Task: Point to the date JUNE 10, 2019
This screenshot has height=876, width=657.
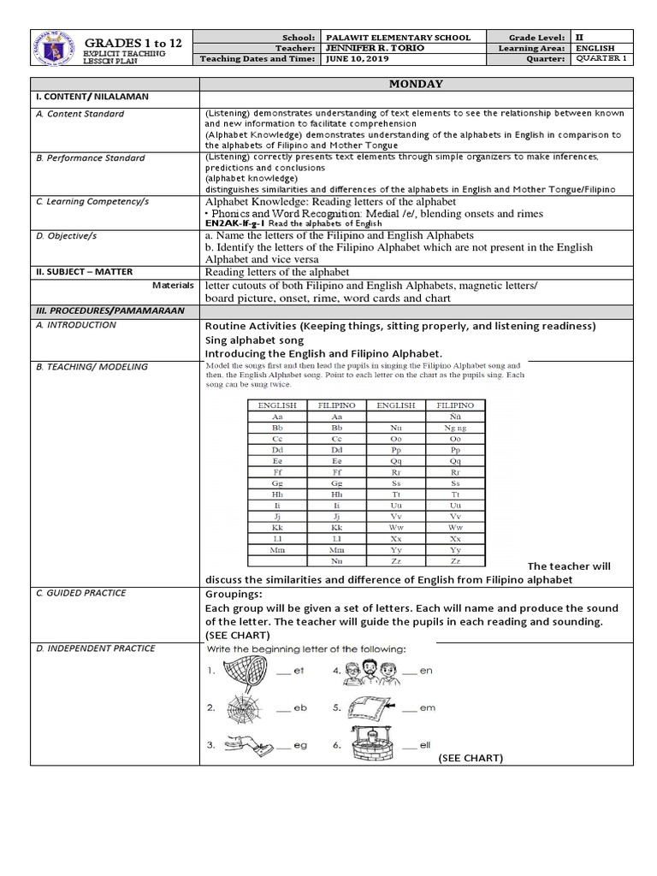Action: click(353, 60)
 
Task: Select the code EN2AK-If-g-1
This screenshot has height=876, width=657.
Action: click(236, 222)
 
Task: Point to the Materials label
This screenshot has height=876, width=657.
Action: click(173, 285)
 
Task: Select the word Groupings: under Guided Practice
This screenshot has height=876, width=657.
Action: click(234, 595)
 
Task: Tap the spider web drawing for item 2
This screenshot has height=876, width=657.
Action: click(248, 709)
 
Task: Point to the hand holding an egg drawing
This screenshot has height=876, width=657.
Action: click(248, 746)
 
